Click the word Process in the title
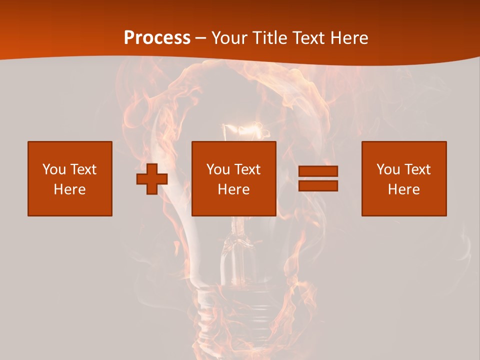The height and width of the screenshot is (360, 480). (157, 38)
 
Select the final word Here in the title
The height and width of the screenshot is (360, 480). (349, 38)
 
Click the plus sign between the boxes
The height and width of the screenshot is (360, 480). (152, 179)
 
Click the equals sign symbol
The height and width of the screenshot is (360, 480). (318, 178)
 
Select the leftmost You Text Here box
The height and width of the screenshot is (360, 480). (70, 178)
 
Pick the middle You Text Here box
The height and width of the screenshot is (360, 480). (234, 178)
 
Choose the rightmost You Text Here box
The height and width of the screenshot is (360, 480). (404, 178)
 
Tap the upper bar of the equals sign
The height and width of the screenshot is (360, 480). (318, 171)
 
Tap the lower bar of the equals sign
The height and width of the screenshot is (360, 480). (318, 186)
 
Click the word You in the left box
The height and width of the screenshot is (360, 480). (53, 169)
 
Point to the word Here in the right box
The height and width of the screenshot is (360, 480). (404, 189)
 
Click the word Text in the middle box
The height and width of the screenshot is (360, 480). (246, 169)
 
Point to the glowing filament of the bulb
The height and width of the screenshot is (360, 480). (245, 132)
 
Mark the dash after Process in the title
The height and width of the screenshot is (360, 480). (200, 38)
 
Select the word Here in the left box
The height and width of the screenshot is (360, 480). (70, 189)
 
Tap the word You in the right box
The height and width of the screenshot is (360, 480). (388, 169)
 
